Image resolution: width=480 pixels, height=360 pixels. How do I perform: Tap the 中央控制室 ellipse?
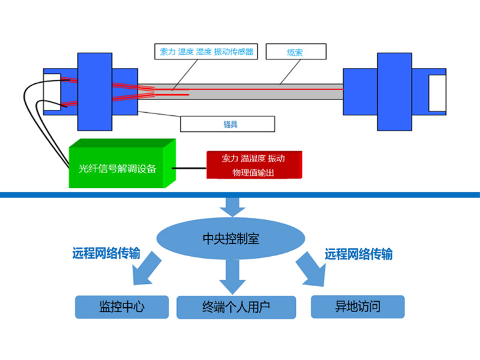tap(231, 239)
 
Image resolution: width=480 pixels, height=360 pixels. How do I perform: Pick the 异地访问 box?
tap(358, 307)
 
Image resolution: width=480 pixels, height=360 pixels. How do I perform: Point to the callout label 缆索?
tap(295, 52)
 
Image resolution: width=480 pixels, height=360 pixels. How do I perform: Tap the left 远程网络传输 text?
tap(106, 254)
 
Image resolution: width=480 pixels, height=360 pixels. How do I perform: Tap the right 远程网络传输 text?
tap(358, 254)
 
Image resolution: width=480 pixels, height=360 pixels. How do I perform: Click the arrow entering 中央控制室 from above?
tap(232, 207)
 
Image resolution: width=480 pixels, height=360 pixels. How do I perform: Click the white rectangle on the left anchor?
tap(52, 91)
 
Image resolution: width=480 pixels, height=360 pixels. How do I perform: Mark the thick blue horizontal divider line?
tap(240, 195)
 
